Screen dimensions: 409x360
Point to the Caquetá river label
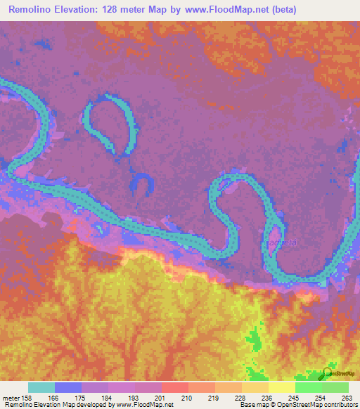[x=282, y=243]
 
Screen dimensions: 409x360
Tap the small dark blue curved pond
[x=143, y=184]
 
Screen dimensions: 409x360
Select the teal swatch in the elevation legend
[x=41, y=387]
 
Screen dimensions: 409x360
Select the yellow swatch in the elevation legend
[x=281, y=387]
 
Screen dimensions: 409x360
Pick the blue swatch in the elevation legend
[x=68, y=387]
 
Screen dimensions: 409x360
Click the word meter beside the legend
[x=11, y=398]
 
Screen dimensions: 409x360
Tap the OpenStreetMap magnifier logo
[x=328, y=372]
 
